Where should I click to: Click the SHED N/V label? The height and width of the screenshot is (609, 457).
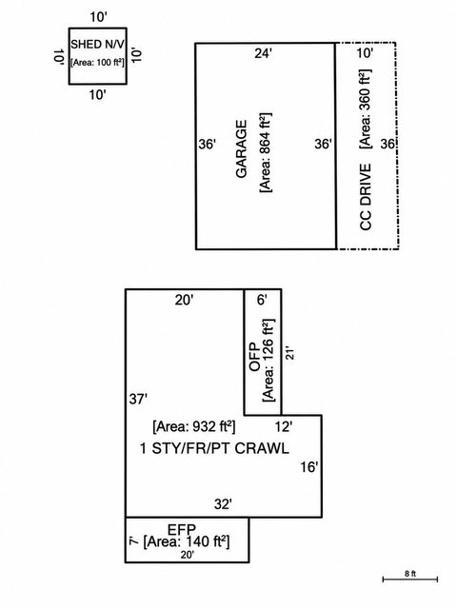click(97, 45)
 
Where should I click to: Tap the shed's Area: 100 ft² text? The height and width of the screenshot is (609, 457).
click(97, 62)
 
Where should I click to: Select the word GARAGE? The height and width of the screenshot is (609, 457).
click(241, 149)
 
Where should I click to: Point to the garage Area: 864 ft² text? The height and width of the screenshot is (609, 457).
click(266, 152)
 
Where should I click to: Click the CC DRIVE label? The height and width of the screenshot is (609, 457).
click(366, 197)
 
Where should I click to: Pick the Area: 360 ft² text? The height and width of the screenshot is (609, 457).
click(366, 108)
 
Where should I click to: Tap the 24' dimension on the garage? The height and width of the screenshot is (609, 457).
click(263, 53)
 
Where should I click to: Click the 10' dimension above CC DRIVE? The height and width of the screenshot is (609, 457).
click(365, 53)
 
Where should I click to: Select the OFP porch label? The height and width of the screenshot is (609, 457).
click(254, 357)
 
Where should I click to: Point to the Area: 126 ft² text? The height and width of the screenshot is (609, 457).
click(268, 361)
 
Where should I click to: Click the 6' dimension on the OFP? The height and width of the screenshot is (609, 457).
click(263, 300)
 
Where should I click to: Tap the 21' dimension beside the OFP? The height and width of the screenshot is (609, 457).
click(289, 353)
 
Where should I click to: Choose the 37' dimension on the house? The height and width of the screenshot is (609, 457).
click(138, 399)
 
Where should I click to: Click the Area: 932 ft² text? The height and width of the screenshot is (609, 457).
click(194, 427)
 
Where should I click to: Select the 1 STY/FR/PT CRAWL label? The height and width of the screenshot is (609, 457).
click(214, 448)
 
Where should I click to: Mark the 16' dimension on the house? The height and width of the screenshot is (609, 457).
click(308, 467)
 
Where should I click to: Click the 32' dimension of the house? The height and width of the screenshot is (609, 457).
click(223, 504)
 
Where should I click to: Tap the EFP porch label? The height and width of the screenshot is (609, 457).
click(182, 529)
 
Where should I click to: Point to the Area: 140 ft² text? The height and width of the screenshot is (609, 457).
click(187, 541)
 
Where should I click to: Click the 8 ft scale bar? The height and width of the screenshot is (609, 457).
click(410, 580)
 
